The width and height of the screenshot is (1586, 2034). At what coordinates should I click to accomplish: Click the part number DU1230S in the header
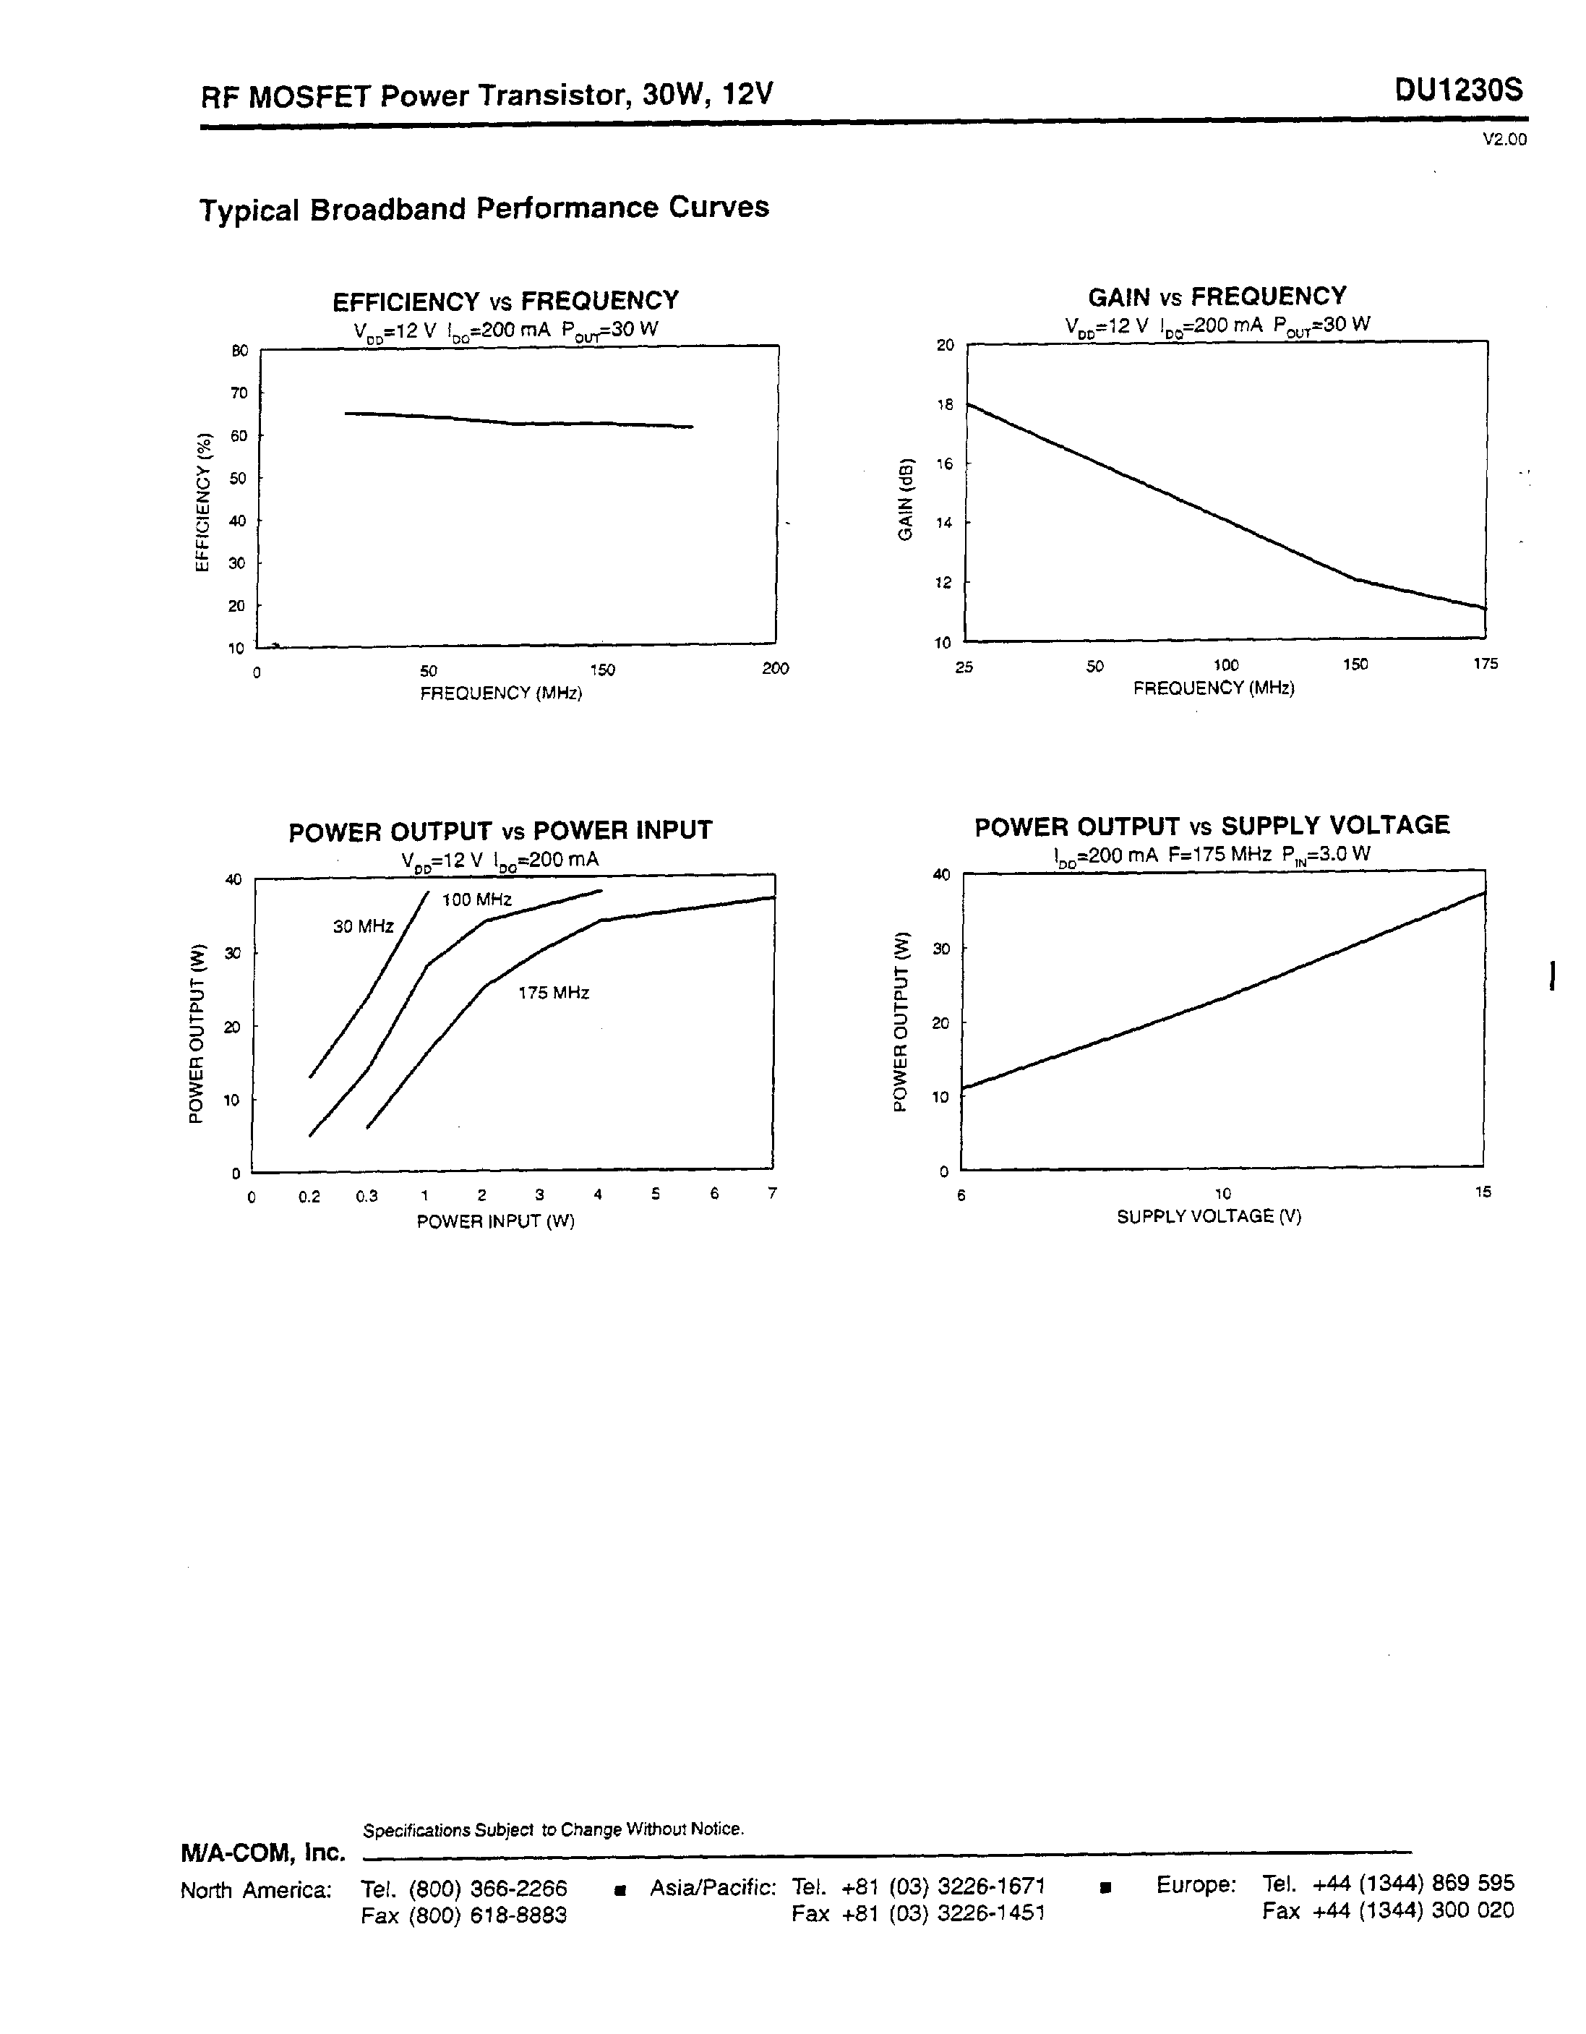click(1459, 91)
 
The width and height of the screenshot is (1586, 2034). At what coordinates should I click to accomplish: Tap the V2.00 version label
click(1505, 140)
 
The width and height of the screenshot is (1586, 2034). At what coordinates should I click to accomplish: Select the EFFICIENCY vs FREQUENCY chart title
click(506, 301)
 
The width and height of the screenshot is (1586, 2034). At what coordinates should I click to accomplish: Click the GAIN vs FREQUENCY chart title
click(1217, 296)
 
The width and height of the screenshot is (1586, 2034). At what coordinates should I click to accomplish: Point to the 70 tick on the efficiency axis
click(240, 393)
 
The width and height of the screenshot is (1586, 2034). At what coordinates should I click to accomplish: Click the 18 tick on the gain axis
click(946, 405)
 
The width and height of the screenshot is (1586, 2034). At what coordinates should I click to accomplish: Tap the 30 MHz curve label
click(363, 927)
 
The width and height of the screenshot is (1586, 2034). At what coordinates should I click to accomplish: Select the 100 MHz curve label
click(477, 900)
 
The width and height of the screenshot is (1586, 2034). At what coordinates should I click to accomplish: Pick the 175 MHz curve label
click(554, 993)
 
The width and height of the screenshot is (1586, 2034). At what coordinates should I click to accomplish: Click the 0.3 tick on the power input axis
click(367, 1197)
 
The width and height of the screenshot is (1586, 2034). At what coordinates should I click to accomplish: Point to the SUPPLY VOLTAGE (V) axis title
click(1209, 1216)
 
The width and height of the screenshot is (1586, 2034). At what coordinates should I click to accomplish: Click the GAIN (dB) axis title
click(905, 500)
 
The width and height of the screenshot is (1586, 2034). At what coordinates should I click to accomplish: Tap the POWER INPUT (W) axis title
click(495, 1222)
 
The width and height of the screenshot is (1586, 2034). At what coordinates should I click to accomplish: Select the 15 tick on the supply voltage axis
click(1483, 1191)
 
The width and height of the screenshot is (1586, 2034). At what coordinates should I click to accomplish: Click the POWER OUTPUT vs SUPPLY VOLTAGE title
click(1212, 826)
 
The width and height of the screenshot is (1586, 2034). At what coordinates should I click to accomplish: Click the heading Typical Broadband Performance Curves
click(484, 208)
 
